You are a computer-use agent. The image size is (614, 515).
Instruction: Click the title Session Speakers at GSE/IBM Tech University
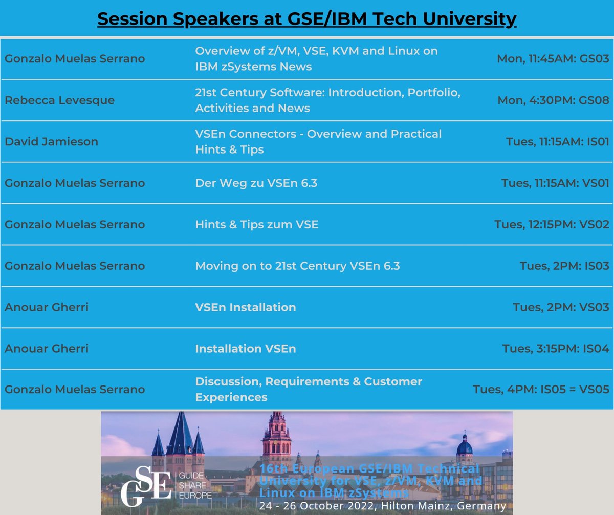pos(306,19)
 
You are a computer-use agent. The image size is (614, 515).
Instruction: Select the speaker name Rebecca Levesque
pos(59,100)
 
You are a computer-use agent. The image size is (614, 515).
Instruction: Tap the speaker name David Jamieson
pos(51,141)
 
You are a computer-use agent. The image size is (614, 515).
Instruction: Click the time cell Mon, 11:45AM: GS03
pos(553,59)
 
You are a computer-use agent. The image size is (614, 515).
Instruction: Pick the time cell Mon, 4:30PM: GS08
pos(553,100)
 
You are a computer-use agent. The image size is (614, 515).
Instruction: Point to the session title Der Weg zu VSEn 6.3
pos(256,183)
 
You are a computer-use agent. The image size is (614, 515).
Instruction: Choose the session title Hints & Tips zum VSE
pos(256,224)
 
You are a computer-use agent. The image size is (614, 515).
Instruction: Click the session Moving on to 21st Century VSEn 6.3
pos(297,266)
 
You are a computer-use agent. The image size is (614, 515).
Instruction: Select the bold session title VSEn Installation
pos(245,307)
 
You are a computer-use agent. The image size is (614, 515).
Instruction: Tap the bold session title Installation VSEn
pos(245,349)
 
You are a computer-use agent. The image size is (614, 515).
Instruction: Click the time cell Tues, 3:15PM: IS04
pos(556,349)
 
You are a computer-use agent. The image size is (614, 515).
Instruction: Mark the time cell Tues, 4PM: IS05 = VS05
pos(541,390)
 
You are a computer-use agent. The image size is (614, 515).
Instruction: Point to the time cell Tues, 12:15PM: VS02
pos(552,224)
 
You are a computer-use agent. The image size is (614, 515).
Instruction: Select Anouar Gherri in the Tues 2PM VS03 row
pos(47,307)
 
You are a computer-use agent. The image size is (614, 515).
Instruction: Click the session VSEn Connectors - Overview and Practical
pos(318,134)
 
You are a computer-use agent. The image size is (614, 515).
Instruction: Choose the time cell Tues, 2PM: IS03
pos(564,266)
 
